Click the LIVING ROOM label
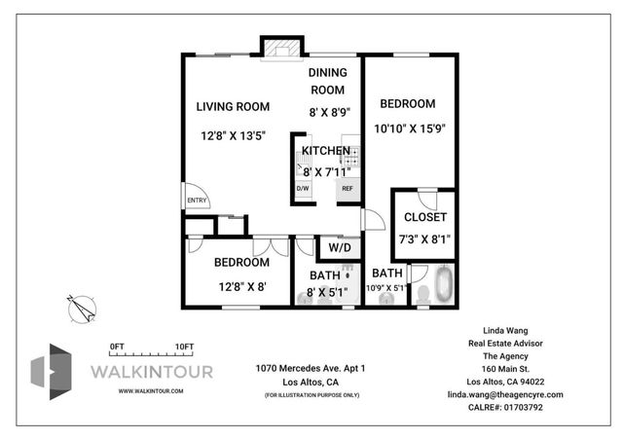(233, 107)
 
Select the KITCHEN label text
(325, 151)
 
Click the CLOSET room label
(424, 217)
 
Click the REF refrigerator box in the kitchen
(347, 188)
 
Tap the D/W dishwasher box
(303, 188)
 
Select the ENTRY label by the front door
(198, 202)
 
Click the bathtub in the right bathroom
(444, 285)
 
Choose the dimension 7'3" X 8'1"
(424, 238)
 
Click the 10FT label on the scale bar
(184, 347)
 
